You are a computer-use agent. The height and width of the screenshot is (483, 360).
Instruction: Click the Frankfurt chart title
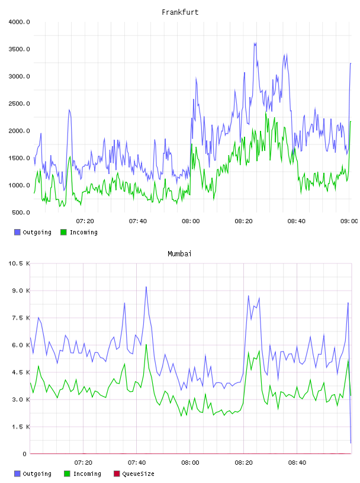coord(180,12)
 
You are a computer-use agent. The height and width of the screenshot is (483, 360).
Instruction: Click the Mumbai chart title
coord(179,254)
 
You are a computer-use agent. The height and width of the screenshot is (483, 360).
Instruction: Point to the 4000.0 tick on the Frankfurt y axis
coord(19,22)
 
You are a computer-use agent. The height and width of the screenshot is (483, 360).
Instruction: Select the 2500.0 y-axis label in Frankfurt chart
coord(19,104)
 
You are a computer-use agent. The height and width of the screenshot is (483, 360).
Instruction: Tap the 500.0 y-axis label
coord(21,212)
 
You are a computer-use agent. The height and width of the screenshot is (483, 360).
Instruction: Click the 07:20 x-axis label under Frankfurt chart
coord(85,221)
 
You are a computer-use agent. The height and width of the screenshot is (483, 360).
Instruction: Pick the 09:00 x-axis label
coord(349,221)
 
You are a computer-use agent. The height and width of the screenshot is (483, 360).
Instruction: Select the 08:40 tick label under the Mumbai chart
coord(297,463)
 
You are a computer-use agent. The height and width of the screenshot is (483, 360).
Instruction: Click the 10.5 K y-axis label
coord(19,263)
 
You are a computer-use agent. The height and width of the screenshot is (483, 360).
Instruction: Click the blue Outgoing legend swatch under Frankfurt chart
coord(17,232)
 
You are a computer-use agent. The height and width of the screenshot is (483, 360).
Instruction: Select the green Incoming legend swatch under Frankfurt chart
coord(63,232)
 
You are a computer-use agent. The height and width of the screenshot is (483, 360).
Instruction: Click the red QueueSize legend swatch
coord(117,474)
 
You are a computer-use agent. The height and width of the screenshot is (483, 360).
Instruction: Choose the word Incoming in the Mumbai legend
coord(87,474)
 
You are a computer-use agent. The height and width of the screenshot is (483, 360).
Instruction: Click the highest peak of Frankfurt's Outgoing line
coord(255,43)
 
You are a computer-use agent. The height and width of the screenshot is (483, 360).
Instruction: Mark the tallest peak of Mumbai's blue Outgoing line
coord(146,286)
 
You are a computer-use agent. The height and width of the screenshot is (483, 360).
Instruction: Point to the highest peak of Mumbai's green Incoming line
coord(146,344)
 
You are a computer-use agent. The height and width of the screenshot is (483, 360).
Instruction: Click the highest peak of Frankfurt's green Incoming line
coord(266,112)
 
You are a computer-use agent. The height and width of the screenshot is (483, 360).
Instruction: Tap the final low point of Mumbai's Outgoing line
coord(351,443)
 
